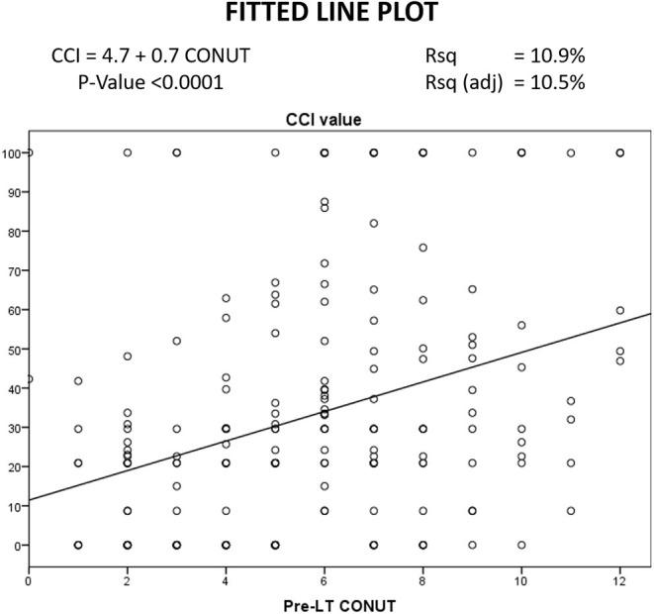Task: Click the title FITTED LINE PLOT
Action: point(326,16)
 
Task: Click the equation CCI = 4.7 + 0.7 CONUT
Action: point(150,56)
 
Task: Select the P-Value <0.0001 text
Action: point(150,82)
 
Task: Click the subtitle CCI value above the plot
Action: point(339,121)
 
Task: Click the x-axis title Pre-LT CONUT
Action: point(339,603)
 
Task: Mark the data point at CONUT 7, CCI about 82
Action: point(374,224)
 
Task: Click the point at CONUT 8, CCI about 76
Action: point(423,248)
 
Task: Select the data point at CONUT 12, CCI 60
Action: point(620,310)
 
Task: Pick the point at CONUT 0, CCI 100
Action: point(30,153)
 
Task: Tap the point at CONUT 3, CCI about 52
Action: point(177,341)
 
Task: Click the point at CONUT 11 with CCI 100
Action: point(571,153)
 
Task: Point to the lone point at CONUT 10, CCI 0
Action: point(521,545)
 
